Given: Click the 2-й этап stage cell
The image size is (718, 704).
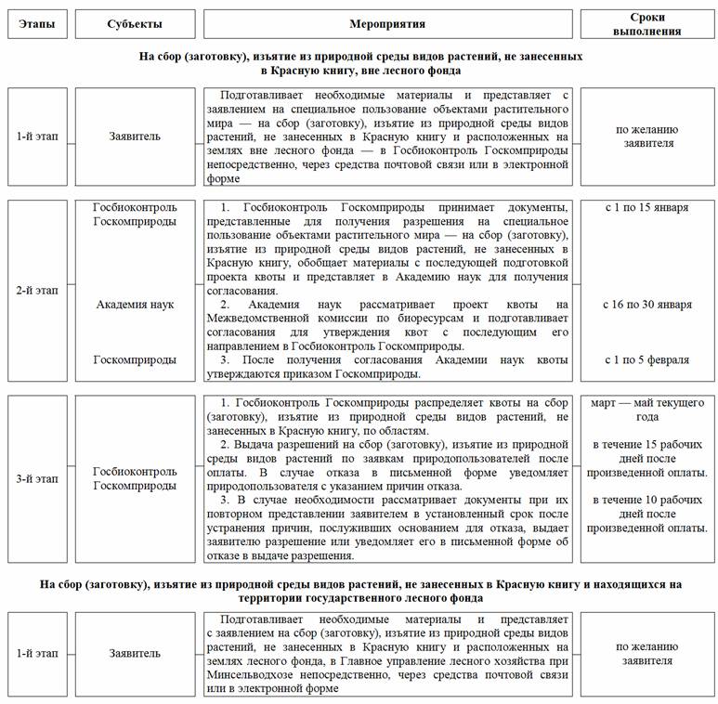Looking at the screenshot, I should click(37, 291).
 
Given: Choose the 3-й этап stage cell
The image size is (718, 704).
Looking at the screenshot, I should click(37, 478).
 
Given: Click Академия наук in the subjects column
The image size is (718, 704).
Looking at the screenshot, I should click(135, 305).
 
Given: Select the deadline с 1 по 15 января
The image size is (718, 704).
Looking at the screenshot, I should click(646, 207).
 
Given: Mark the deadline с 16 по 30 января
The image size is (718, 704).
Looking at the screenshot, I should click(646, 305).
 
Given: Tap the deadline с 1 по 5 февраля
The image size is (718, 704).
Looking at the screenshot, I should click(646, 359).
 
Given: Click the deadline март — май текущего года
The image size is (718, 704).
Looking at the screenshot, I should click(646, 411).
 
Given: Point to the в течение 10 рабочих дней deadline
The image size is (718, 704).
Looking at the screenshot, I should click(646, 514).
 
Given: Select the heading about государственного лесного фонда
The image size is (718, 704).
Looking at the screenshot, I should click(360, 591).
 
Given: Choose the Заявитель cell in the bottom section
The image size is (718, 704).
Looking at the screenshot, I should click(135, 653).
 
